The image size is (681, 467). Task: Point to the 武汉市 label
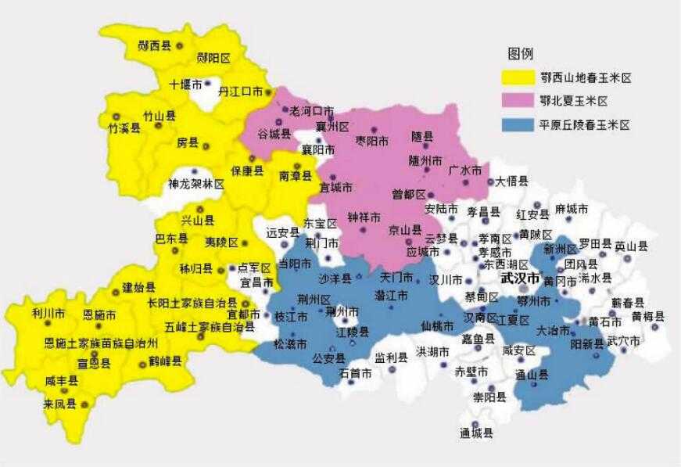519,278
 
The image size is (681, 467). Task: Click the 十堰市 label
186,84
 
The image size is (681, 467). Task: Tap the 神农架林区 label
196,185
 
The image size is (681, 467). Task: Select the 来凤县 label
59,404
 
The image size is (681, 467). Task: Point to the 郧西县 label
154,46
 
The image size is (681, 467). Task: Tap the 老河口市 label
312,112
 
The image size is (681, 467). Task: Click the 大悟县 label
512,181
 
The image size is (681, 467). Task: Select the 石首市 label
356,373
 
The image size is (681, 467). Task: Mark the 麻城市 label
572,210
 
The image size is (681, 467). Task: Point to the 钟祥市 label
364,216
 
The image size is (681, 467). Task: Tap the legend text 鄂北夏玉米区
574,101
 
